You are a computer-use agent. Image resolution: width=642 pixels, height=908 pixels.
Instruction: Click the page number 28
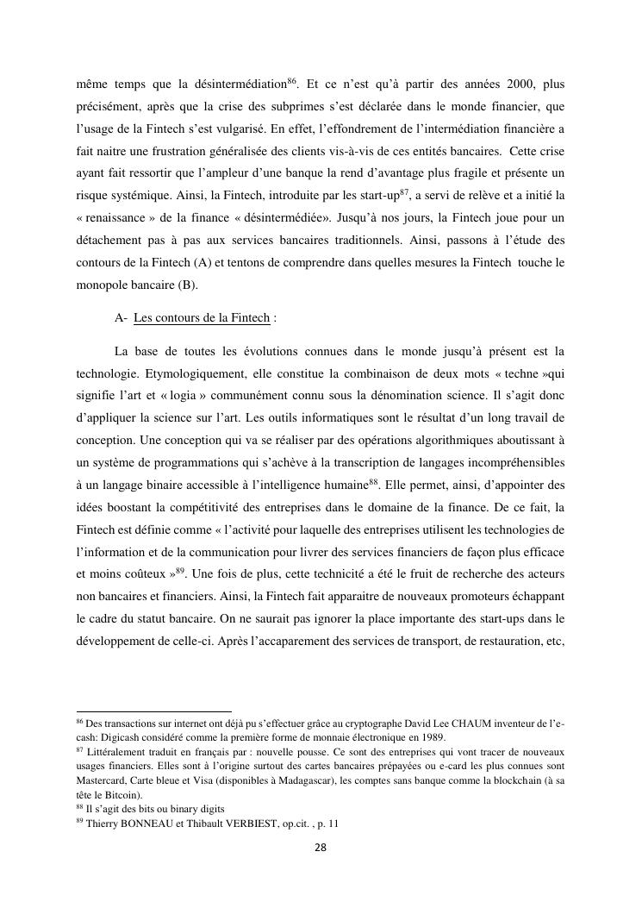(321, 847)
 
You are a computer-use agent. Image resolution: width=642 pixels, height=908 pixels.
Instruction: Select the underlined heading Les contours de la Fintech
(202, 317)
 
